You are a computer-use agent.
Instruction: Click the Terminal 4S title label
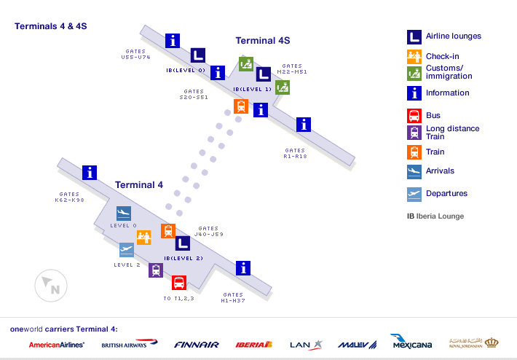[x=262, y=41]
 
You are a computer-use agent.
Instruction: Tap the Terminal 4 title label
[x=139, y=184]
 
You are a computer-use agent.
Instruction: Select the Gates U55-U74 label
[x=136, y=54]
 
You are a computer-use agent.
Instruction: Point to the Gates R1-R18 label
[x=295, y=153]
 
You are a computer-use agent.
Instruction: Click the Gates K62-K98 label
[x=70, y=197]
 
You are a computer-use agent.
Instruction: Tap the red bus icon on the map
[x=179, y=283]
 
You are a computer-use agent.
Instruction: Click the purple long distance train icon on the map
[x=155, y=270]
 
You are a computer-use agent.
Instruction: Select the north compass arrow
[x=50, y=285]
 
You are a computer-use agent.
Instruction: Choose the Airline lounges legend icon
[x=414, y=36]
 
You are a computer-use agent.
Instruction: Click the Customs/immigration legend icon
[x=414, y=73]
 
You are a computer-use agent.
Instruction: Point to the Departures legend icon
[x=414, y=194]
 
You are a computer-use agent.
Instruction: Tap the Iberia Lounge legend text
[x=435, y=216]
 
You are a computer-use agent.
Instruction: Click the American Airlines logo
[x=56, y=345]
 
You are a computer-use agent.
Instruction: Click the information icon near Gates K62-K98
[x=90, y=173]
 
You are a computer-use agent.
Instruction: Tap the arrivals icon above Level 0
[x=123, y=214]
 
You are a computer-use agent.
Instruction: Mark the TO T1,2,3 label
[x=178, y=299]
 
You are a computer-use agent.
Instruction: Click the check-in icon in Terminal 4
[x=143, y=238]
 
